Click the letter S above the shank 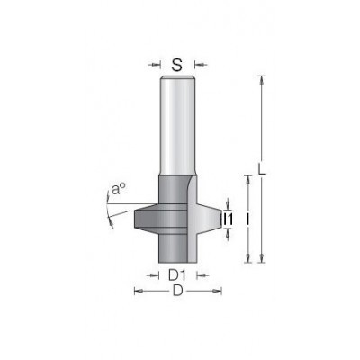point(177,65)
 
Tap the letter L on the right point(262,168)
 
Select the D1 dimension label point(177,275)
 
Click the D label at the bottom point(177,291)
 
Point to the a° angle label point(118,190)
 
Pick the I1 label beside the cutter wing point(229,219)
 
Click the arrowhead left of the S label point(155,65)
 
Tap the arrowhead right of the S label point(200,65)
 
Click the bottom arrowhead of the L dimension point(262,258)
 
